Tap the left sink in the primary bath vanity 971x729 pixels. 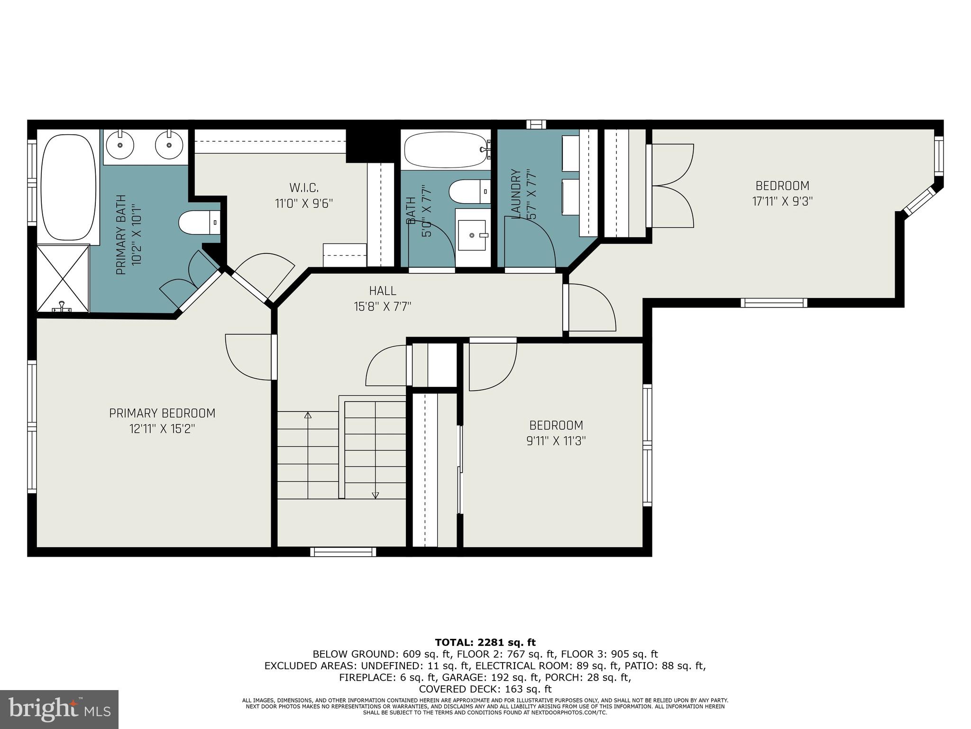pos(120,145)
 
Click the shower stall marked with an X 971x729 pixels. pos(63,275)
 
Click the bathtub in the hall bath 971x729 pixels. pos(445,149)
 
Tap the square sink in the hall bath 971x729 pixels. pos(471,235)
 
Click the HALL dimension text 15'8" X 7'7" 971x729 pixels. pos(382,307)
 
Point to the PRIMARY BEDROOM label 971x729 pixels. pos(162,413)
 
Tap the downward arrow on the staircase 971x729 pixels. pos(376,495)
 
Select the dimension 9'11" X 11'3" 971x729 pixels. pos(556,441)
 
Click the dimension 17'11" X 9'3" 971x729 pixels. pos(782,201)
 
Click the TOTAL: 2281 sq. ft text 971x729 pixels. pos(485,643)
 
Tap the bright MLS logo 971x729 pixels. pos(59,709)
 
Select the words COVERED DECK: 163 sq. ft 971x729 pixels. pos(485,689)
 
